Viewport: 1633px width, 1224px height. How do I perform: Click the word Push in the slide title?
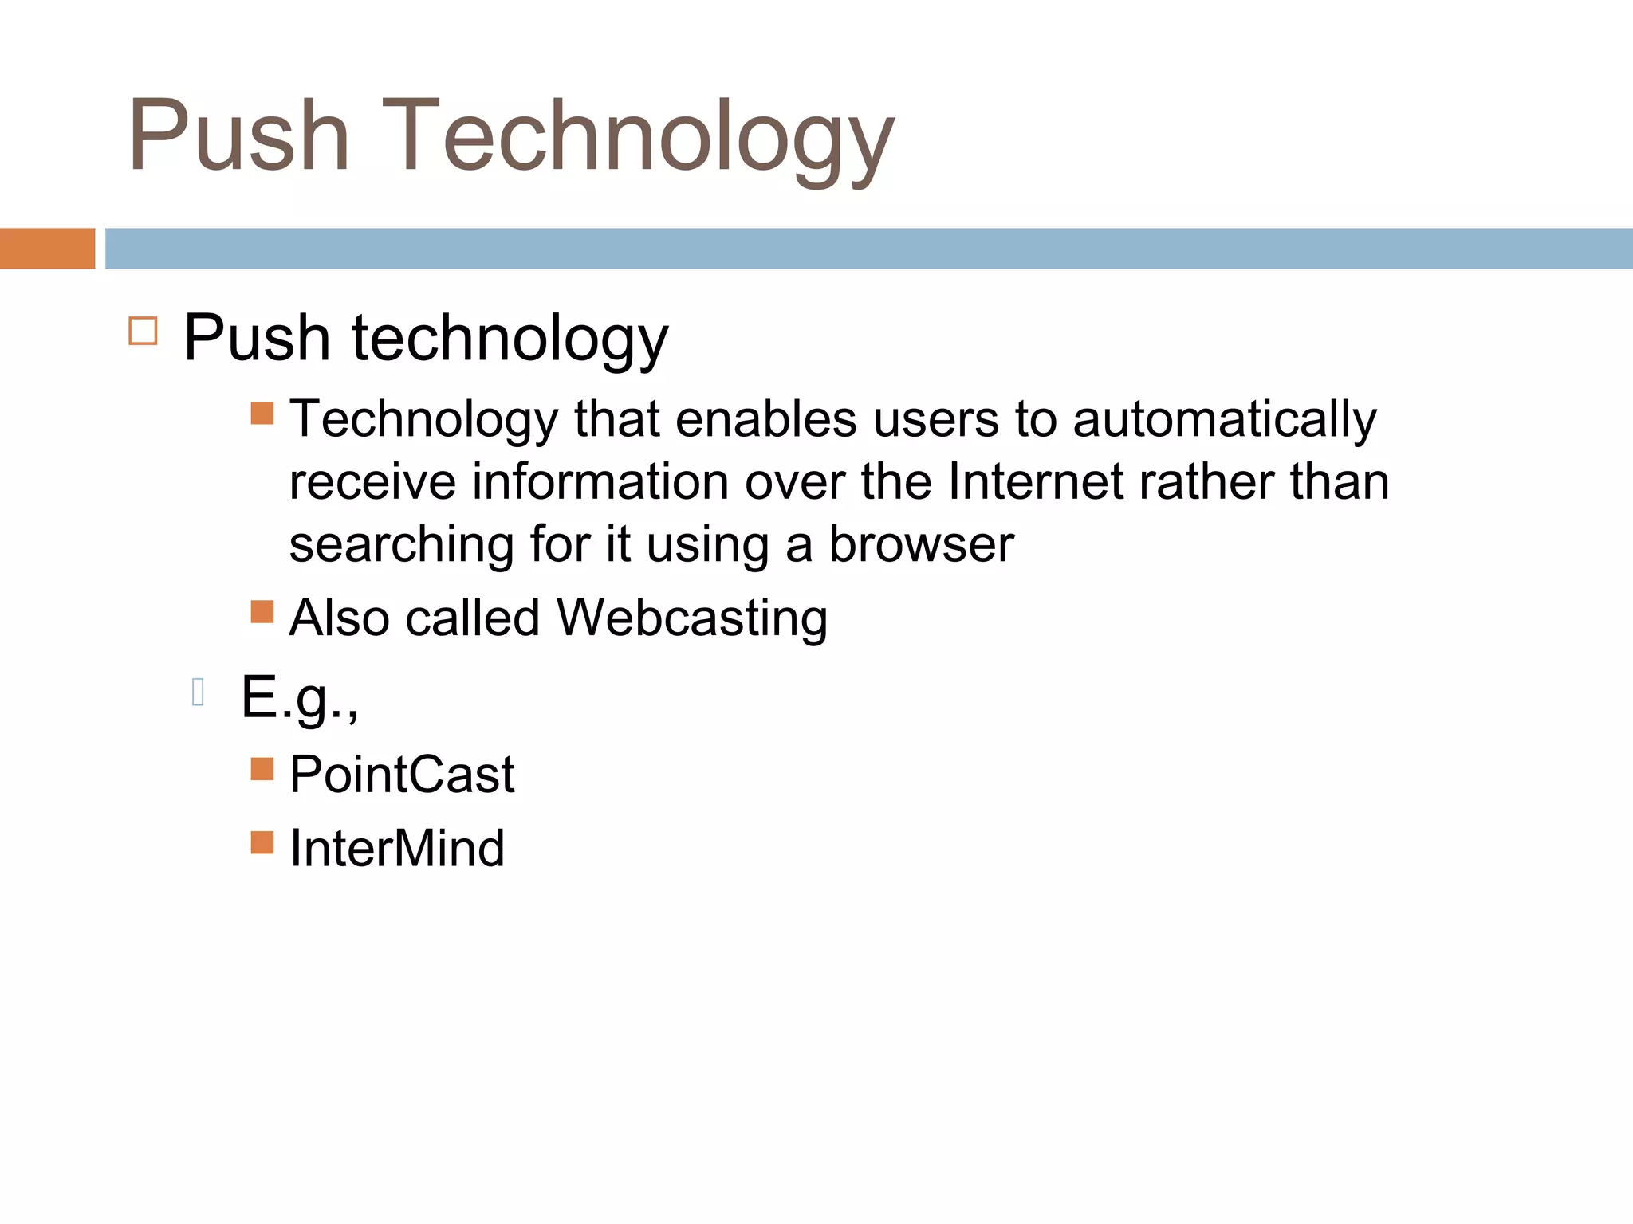point(238,135)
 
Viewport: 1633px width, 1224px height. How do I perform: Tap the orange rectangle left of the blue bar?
point(47,248)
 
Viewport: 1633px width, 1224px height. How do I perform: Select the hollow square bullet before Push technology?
point(143,331)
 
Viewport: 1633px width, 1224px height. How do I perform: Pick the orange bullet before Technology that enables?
point(262,413)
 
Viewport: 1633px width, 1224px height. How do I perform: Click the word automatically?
point(1224,420)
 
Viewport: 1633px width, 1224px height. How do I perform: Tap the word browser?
point(921,544)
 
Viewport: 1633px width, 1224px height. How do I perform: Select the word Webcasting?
point(691,618)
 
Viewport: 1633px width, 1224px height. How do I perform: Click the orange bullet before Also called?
point(262,611)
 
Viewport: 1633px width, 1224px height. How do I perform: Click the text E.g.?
point(299,697)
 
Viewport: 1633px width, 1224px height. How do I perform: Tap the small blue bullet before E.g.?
point(199,692)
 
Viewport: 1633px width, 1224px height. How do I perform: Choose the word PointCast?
point(402,775)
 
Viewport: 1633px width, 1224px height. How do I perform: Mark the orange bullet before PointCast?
point(262,768)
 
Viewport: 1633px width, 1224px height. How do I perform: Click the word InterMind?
point(397,848)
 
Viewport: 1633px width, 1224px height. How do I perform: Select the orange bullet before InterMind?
point(262,842)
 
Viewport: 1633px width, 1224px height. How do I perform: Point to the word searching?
point(401,546)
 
